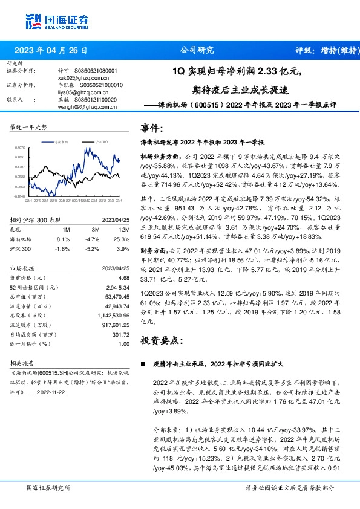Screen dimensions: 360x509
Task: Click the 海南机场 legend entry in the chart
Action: click(61, 140)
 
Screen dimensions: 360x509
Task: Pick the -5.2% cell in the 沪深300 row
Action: click(93, 248)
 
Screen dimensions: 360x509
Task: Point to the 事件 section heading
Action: click(152, 129)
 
